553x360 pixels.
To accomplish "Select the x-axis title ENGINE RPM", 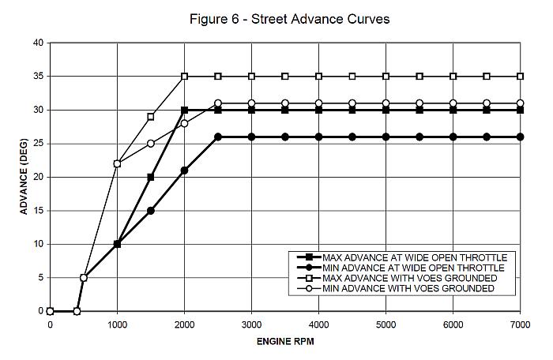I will pos(285,343).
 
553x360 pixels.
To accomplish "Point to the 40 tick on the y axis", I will pos(38,43).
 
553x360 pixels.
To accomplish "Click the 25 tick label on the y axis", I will pos(38,144).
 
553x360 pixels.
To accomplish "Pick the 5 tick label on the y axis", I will pos(40,278).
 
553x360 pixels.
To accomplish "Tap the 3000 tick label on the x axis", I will pos(251,324).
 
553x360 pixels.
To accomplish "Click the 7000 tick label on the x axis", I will pos(520,324).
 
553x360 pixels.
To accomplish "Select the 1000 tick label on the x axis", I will pos(117,324).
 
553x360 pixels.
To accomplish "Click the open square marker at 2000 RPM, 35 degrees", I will pos(184,77).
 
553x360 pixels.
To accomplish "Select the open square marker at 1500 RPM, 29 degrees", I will pos(151,117).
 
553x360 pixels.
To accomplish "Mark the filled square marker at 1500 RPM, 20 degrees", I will pos(151,177).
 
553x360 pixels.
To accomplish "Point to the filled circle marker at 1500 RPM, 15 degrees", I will pos(151,211).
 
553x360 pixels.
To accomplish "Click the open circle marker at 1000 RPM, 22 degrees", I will pos(117,163).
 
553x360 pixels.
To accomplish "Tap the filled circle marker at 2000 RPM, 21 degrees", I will pos(184,171).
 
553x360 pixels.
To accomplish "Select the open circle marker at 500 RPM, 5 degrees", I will pos(84,278).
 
